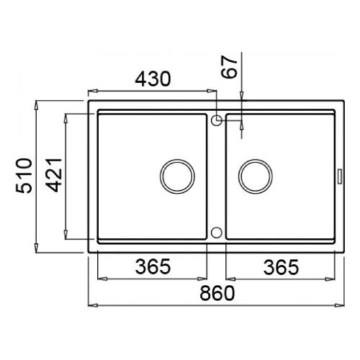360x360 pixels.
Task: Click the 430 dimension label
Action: pyautogui.click(x=153, y=78)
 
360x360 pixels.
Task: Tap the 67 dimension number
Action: pyautogui.click(x=230, y=67)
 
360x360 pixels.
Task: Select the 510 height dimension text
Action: pyautogui.click(x=24, y=176)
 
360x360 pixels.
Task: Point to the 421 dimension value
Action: pyautogui.click(x=54, y=176)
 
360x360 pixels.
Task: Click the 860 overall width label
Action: pyautogui.click(x=217, y=293)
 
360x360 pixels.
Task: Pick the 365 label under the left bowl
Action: pyautogui.click(x=153, y=266)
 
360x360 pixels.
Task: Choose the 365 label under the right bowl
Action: pyautogui.click(x=282, y=267)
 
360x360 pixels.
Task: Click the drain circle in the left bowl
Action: pyautogui.click(x=177, y=176)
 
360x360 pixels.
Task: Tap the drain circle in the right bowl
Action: pyautogui.click(x=256, y=176)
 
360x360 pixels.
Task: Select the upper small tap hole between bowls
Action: pyautogui.click(x=217, y=120)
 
